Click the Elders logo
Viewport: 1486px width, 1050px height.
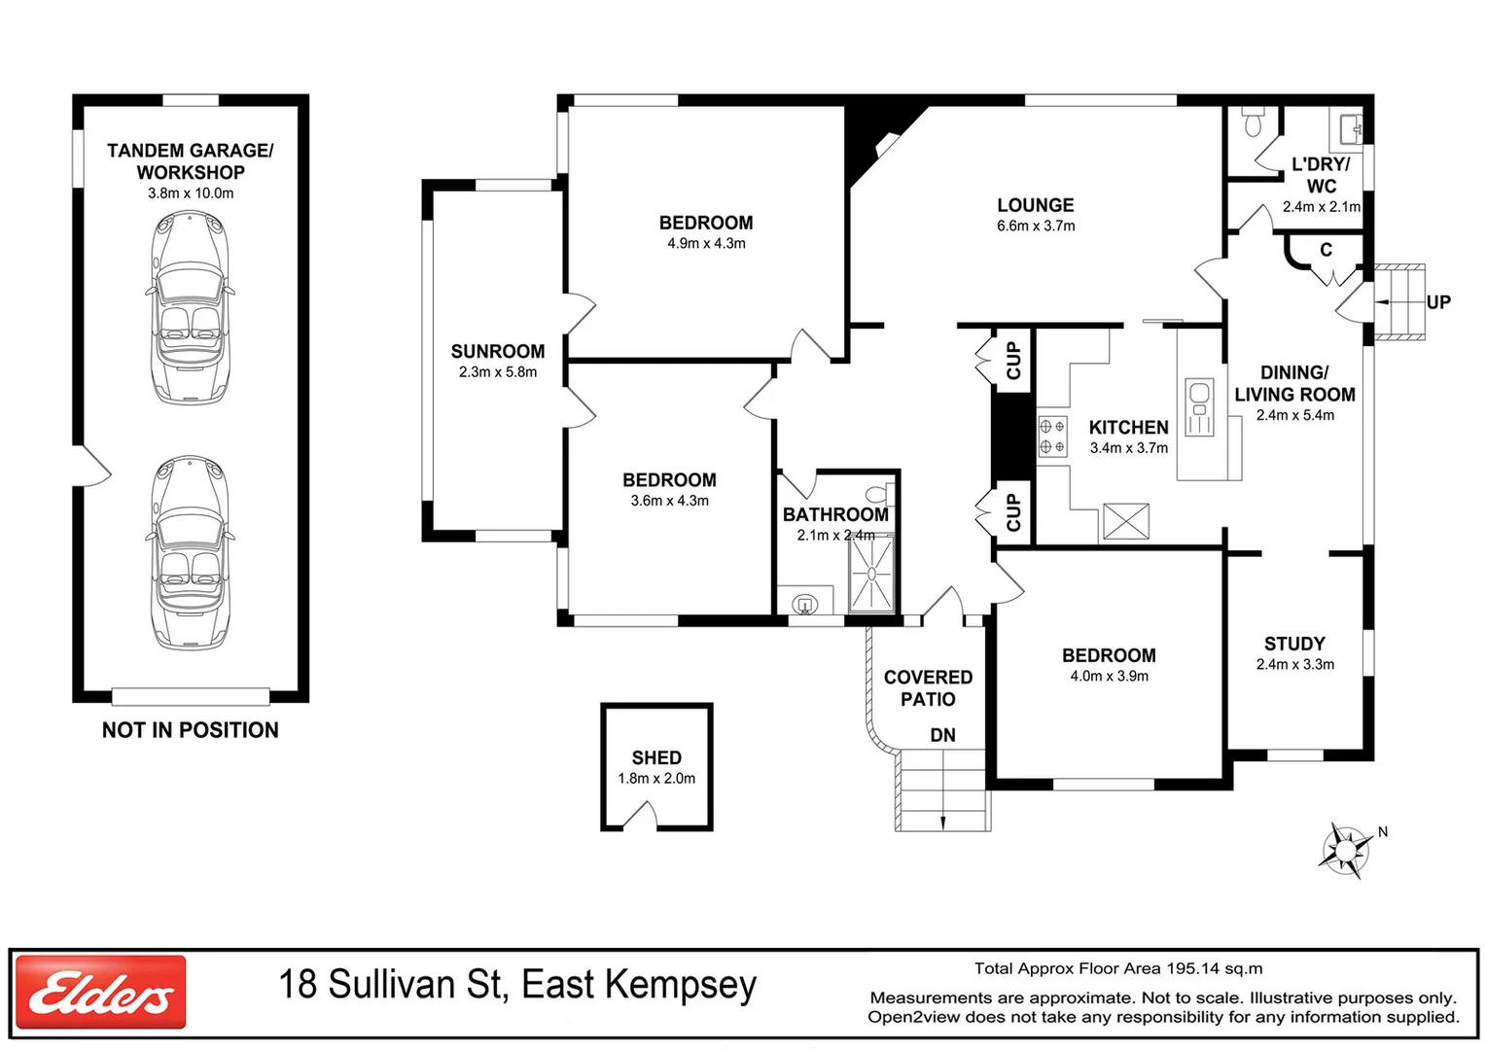point(100,992)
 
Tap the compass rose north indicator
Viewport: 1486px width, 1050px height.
point(1347,850)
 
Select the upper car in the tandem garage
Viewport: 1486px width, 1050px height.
point(191,307)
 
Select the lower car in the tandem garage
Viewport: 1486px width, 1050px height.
point(191,552)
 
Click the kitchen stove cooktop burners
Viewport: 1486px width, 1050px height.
point(1052,436)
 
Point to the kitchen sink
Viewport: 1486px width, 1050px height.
point(1199,406)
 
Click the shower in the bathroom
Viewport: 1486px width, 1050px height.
point(871,574)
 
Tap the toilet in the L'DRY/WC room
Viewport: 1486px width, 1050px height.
point(1253,122)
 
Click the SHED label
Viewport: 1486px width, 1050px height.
point(656,757)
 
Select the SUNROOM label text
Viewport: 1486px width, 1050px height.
point(498,351)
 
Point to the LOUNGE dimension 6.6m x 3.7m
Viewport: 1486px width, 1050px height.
point(1036,226)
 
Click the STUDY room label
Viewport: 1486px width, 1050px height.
point(1294,644)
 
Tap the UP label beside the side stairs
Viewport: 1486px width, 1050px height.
point(1438,302)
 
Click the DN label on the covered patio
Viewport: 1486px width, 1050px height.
point(942,735)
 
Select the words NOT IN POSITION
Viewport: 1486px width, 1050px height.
point(191,730)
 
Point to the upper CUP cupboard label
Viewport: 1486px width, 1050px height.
point(1013,360)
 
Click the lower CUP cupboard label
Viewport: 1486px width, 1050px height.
point(1013,512)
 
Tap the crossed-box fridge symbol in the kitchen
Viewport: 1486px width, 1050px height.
point(1126,521)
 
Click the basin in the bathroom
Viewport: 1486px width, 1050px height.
point(804,605)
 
